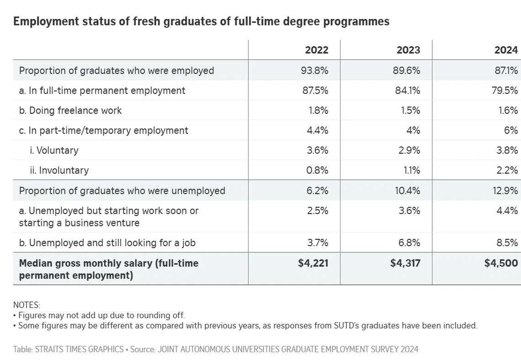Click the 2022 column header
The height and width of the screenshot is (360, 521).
pos(316,50)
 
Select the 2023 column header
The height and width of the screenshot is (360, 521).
pos(409,50)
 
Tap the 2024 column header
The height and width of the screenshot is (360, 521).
pos(506,50)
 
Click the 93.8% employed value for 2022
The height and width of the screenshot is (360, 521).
pos(315,70)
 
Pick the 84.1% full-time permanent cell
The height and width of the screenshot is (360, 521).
pos(408,91)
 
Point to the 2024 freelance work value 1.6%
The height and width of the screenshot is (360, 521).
pos(508,110)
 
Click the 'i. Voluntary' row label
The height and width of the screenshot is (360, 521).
pos(54,150)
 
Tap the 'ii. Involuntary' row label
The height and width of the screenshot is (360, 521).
pos(59,170)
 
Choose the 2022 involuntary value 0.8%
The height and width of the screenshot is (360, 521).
pos(317,170)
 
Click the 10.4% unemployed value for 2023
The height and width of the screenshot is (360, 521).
pos(407,191)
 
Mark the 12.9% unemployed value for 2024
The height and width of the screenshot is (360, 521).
pos(505,191)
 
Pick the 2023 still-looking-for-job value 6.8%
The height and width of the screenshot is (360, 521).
pos(409,242)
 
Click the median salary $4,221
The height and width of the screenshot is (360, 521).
pos(313,263)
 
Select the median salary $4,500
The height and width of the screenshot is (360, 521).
pos(501,263)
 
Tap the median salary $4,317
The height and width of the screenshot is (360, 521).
pos(405,263)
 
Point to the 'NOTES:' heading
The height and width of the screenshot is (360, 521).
pos(27,305)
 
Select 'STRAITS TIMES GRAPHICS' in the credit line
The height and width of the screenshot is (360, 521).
pos(79,349)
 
